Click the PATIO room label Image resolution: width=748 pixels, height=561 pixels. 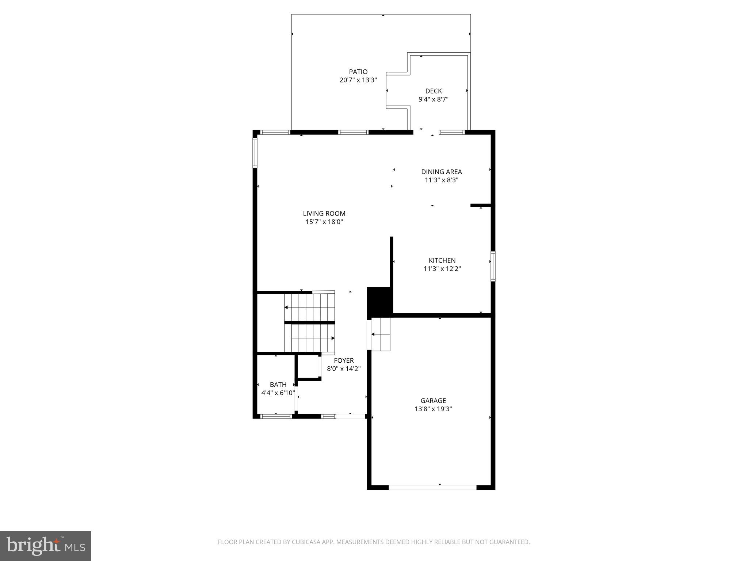click(x=358, y=72)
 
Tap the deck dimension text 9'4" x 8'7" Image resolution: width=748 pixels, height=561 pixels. click(x=433, y=99)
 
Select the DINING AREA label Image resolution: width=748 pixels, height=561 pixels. click(x=441, y=172)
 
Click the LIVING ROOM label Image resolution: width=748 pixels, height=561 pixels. click(x=324, y=214)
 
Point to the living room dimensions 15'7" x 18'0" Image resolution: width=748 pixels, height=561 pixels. click(x=324, y=222)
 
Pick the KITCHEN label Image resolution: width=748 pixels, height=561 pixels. click(x=442, y=260)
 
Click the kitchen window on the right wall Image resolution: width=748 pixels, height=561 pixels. click(x=493, y=266)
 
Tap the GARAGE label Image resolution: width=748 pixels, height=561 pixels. click(x=433, y=401)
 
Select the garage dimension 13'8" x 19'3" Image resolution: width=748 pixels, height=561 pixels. click(x=433, y=409)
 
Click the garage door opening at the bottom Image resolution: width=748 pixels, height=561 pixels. click(x=432, y=487)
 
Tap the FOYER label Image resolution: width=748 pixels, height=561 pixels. click(x=344, y=360)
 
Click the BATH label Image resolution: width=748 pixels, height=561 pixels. click(x=278, y=385)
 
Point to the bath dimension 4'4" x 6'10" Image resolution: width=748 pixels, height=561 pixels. click(x=278, y=393)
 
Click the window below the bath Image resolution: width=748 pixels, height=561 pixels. click(x=276, y=416)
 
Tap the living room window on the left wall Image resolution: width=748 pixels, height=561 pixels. click(x=255, y=152)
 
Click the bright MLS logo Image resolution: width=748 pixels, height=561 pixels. click(x=46, y=546)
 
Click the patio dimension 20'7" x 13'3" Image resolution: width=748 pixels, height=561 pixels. click(x=358, y=80)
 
